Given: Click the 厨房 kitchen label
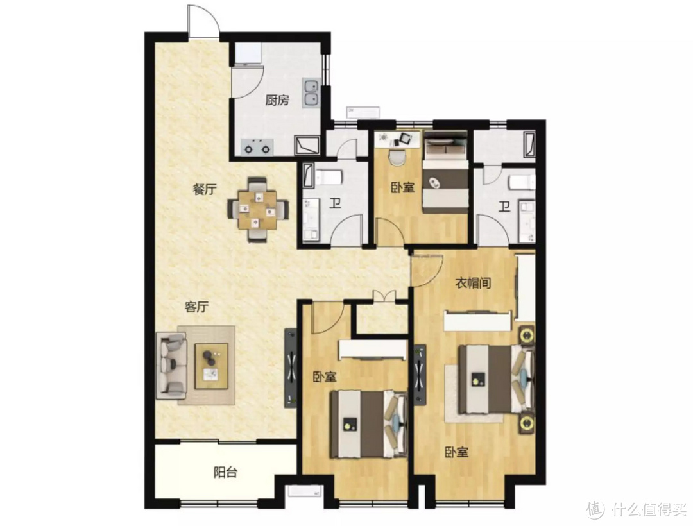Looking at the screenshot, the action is coord(277,100).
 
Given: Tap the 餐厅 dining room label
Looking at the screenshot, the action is coord(205,189).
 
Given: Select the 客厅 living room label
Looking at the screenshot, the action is coord(197,307).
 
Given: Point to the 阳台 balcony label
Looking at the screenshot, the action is coord(225,473).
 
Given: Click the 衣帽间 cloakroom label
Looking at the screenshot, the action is coord(474,283).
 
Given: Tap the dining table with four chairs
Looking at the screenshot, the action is coord(258,209).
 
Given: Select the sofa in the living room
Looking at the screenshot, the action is coord(171,364).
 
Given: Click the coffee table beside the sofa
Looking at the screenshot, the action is coord(212,366).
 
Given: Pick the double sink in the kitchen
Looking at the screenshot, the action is coord(312,93).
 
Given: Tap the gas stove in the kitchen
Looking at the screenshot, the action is coord(257,147).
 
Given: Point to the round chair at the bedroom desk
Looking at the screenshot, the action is coord(397,158).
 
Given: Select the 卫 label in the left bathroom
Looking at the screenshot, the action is coord(336,204).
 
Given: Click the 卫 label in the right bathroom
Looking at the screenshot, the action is coord(504,207).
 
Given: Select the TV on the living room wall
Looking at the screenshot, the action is coord(291,368).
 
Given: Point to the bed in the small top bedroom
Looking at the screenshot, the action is coord(445,172).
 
